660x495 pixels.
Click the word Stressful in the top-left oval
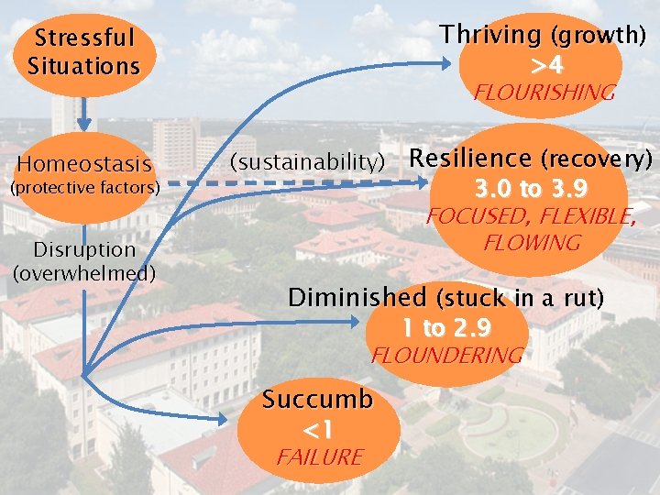[83, 38]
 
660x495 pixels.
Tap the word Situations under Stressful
[83, 66]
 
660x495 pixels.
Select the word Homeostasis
[83, 165]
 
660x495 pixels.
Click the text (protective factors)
[84, 188]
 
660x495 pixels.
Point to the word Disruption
[83, 249]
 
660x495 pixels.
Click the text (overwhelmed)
[84, 272]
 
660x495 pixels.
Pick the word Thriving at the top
[490, 35]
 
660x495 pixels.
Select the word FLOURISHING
[544, 93]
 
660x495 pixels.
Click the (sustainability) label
[307, 162]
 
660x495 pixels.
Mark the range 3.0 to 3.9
[531, 189]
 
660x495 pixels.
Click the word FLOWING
[532, 243]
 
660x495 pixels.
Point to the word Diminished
[357, 298]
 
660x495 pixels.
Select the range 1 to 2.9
[445, 327]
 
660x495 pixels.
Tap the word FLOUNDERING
[446, 356]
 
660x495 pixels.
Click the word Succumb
[318, 400]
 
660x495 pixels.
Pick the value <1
[317, 428]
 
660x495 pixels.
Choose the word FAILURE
[321, 456]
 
